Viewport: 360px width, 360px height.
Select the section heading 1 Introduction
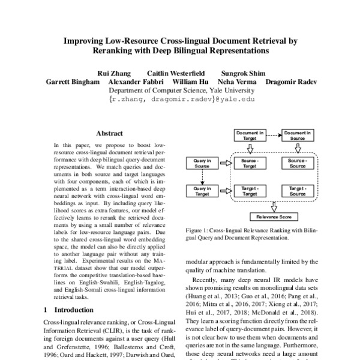tap(67, 310)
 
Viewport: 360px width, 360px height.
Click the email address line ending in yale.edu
tap(179, 100)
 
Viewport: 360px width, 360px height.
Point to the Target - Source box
tap(298, 191)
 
